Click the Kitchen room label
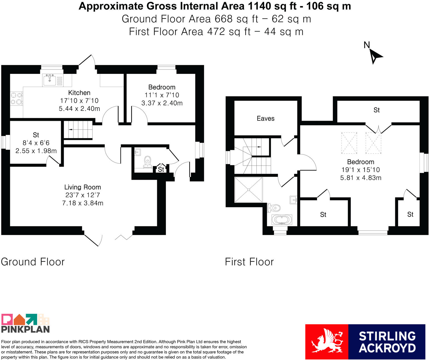(x=79, y=93)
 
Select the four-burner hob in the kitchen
(x=16, y=98)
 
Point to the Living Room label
(x=83, y=187)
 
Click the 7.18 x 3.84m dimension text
(x=83, y=203)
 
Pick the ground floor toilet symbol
(x=148, y=162)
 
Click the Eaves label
(x=265, y=118)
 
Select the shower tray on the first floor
(x=248, y=190)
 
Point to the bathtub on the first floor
(x=282, y=220)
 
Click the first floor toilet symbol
(x=274, y=208)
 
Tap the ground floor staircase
(x=78, y=129)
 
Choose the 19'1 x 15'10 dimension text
(x=361, y=170)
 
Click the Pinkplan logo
(x=26, y=323)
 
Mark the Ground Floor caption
(x=33, y=262)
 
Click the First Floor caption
(x=249, y=262)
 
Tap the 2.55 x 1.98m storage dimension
(x=36, y=151)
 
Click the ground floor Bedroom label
(x=162, y=87)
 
